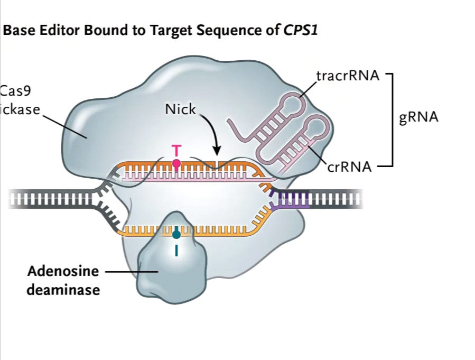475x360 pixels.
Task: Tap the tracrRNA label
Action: [x=347, y=76]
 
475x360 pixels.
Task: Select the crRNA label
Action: [x=349, y=168]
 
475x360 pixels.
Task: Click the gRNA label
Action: [x=419, y=117]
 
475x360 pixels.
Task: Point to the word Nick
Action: [x=180, y=109]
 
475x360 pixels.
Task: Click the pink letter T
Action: [x=176, y=151]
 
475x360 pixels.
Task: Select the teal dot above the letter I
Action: [x=176, y=233]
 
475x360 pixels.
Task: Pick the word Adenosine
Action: [x=63, y=272]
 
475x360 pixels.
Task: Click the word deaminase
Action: [x=64, y=290]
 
